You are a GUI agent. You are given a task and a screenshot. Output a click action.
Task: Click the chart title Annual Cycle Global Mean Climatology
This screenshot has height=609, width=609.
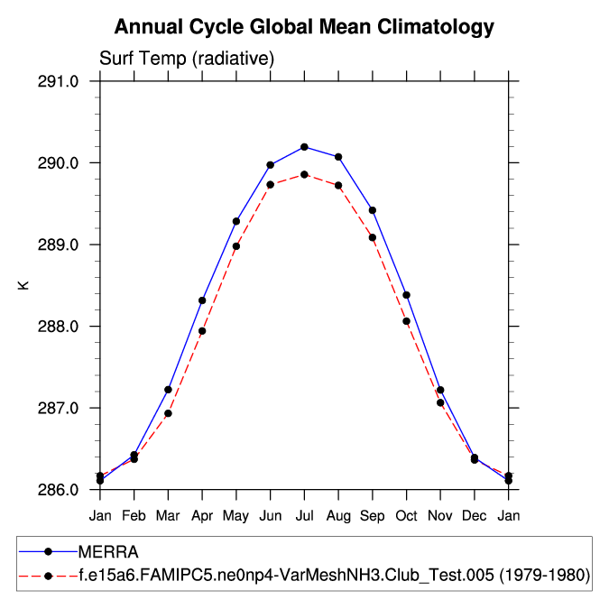pos(304,27)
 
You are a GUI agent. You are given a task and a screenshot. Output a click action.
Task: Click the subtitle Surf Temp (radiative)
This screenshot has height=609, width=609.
pos(186,59)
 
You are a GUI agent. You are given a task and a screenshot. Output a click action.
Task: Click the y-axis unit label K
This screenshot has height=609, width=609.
pos(24,285)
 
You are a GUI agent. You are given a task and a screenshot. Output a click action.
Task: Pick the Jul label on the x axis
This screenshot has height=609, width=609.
pos(304,514)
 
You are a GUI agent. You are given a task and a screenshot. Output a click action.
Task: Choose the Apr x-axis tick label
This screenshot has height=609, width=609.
pos(202,514)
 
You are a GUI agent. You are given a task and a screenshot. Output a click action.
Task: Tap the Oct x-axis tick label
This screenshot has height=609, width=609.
pos(406,514)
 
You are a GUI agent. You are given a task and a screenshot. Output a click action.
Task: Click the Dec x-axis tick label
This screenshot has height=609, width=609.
pos(475,514)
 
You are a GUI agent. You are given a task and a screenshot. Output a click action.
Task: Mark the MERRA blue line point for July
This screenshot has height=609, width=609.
pos(304,147)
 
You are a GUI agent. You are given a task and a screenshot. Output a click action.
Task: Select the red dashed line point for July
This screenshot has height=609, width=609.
pos(304,174)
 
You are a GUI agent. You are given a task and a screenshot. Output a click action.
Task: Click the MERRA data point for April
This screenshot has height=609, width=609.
pos(202,300)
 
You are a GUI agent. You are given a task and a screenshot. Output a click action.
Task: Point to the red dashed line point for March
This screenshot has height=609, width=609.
pos(168,413)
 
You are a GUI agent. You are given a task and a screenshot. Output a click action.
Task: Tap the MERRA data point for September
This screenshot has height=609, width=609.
pos(373,210)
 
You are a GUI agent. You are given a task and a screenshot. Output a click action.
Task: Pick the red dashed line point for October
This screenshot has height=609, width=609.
pos(406,321)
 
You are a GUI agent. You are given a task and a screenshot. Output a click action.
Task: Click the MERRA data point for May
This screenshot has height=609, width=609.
pos(236,221)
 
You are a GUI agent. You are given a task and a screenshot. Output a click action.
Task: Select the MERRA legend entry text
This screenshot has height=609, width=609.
pos(107,551)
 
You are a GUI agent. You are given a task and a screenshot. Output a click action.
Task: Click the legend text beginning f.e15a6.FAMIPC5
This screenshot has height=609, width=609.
pos(334,575)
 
